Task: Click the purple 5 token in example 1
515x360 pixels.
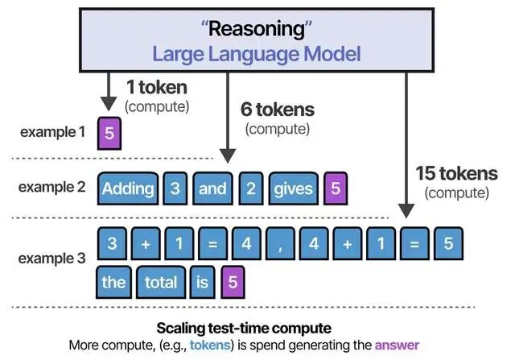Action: pos(109,132)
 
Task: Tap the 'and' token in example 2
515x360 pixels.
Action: pos(212,188)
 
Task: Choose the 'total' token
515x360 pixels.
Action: pos(161,282)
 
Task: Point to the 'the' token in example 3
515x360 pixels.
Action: pos(113,282)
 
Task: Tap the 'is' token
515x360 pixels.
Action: pos(201,282)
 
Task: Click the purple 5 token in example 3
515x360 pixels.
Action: pos(233,282)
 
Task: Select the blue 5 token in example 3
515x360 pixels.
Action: pos(448,243)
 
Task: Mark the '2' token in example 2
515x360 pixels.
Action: pos(250,188)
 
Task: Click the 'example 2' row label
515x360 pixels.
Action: pos(52,187)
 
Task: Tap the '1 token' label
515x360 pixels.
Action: pos(157,88)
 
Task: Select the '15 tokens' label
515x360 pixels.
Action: pos(456,173)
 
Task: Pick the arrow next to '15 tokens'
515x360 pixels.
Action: pos(406,145)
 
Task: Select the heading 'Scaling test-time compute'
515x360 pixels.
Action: pos(257,329)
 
